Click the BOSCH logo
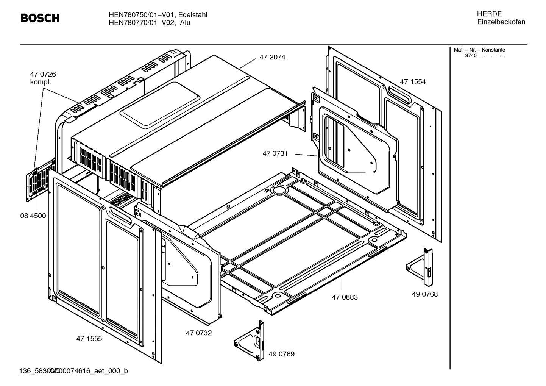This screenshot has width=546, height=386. click(x=40, y=18)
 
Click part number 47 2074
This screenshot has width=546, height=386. click(x=272, y=57)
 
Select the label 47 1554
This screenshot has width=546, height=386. click(x=413, y=82)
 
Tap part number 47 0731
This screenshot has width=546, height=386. click(x=275, y=153)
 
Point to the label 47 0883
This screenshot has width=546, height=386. click(x=345, y=297)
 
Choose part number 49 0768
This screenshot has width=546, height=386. click(x=424, y=294)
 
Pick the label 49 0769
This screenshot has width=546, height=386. click(x=281, y=354)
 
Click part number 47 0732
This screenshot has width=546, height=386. click(x=198, y=333)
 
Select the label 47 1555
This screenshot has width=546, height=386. click(x=89, y=338)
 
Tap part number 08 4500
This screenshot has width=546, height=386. click(x=33, y=216)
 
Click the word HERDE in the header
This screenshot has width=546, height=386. click(x=489, y=14)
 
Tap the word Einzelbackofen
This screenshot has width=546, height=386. click(x=501, y=22)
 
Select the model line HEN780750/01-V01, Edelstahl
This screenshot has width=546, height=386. click(x=158, y=14)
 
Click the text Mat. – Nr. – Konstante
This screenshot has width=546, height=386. click(x=479, y=50)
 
